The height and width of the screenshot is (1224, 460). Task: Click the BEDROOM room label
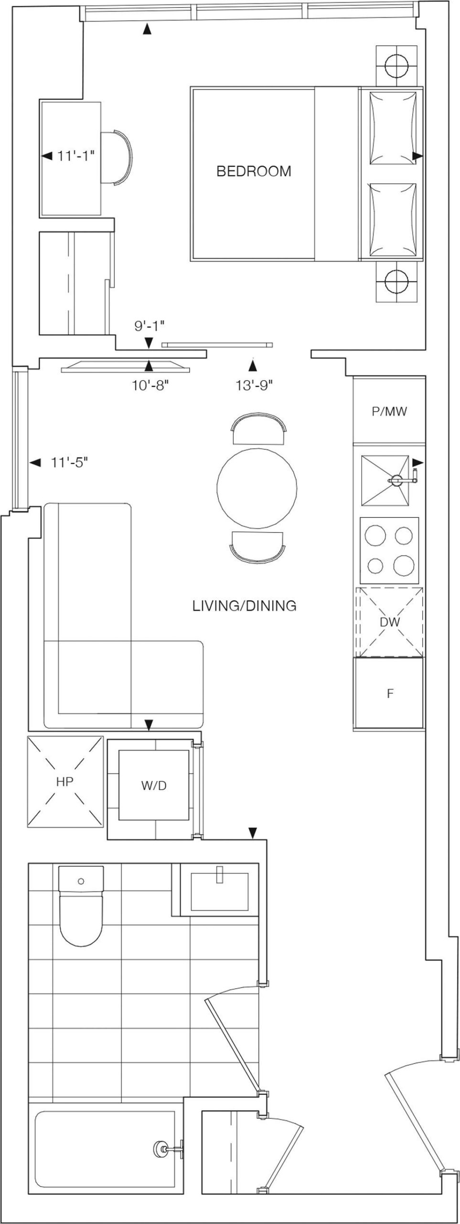(x=254, y=171)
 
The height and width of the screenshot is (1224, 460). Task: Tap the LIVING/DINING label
(x=244, y=606)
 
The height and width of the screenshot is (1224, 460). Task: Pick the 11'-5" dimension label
(x=69, y=462)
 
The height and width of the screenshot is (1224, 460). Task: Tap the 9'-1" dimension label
(x=149, y=326)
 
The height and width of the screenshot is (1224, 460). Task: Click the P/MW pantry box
(x=389, y=411)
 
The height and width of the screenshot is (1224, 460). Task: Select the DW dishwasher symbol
(x=390, y=622)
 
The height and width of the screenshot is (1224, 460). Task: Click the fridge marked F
(x=390, y=693)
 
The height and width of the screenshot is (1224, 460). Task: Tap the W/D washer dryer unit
(x=154, y=786)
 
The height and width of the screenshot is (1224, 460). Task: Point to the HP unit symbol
(x=65, y=782)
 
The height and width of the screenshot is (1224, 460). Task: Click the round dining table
(x=257, y=487)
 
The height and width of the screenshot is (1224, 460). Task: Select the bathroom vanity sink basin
(x=220, y=891)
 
